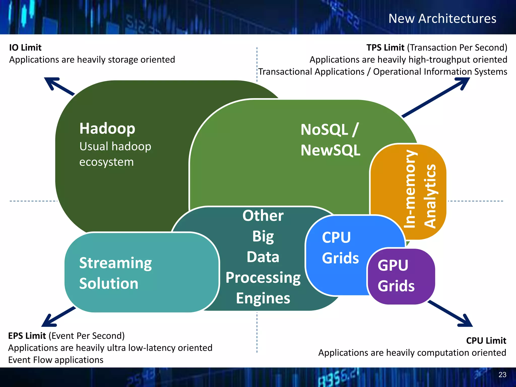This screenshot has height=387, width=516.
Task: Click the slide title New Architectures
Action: point(442,19)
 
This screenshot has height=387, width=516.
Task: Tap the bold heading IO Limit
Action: point(25,48)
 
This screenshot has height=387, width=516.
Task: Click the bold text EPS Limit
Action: point(27,336)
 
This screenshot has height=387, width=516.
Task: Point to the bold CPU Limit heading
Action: point(486,341)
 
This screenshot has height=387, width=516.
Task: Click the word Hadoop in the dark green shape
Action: point(107,129)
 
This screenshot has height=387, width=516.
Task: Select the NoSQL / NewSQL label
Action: point(330,140)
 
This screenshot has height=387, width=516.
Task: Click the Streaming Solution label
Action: point(115,273)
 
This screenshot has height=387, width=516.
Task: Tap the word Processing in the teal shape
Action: point(263,278)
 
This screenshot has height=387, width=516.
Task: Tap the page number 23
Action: point(502,375)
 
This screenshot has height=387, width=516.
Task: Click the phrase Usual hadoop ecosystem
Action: point(115,154)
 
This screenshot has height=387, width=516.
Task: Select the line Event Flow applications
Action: point(56,360)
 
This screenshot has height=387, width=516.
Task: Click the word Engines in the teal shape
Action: point(263,298)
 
